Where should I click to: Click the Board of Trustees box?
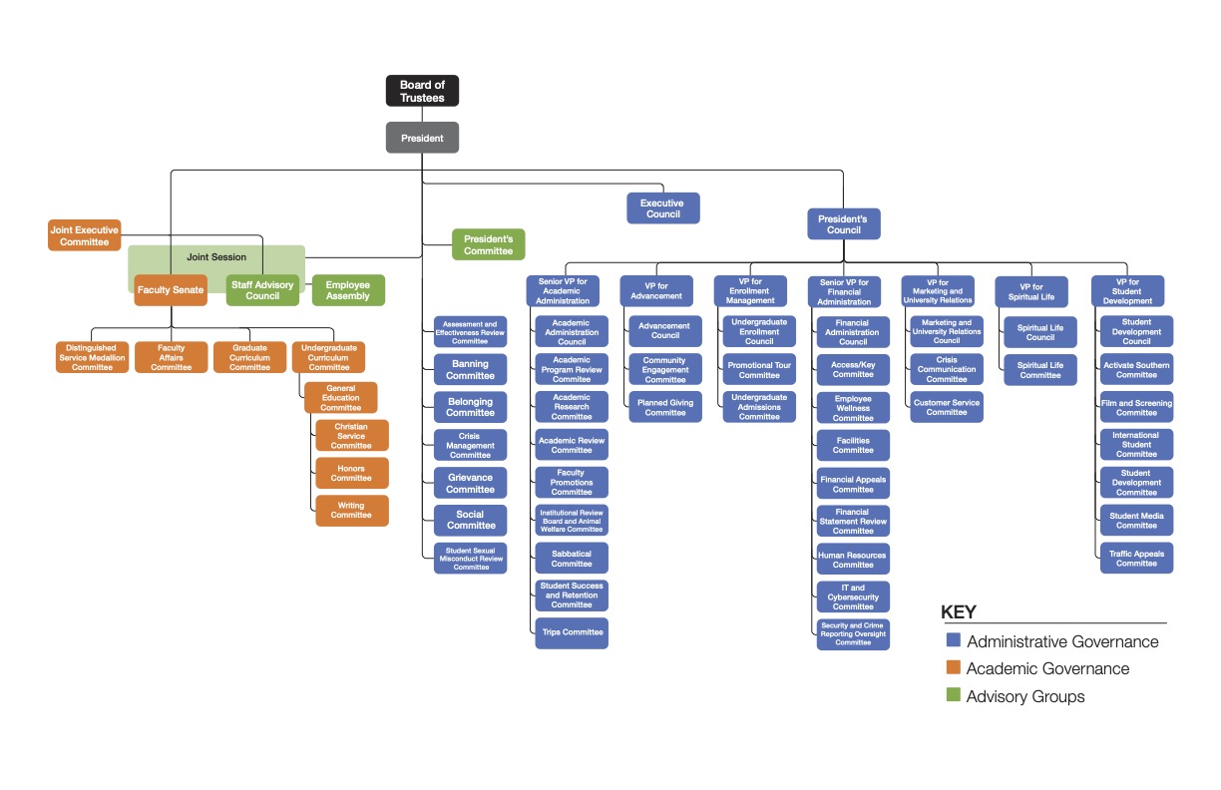(x=422, y=91)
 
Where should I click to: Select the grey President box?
(x=422, y=138)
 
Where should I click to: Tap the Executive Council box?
(x=663, y=208)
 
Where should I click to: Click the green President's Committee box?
(x=488, y=244)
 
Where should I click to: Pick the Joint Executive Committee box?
(x=85, y=235)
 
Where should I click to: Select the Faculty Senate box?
(x=171, y=290)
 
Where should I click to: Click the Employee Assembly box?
(x=348, y=290)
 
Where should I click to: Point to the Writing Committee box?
(x=351, y=511)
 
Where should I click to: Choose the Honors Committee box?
(x=351, y=473)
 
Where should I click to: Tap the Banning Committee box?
(x=471, y=370)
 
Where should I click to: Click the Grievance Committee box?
(x=471, y=484)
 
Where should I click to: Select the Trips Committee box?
(x=572, y=632)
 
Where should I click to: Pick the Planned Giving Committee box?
(x=665, y=407)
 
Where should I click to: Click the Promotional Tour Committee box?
(x=759, y=370)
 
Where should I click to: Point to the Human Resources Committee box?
(x=853, y=559)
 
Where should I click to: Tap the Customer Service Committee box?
(x=947, y=407)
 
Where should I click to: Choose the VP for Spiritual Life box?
(x=1031, y=291)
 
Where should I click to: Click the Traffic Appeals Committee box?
(x=1136, y=559)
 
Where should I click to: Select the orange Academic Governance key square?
(x=953, y=668)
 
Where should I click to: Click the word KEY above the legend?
(x=959, y=612)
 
